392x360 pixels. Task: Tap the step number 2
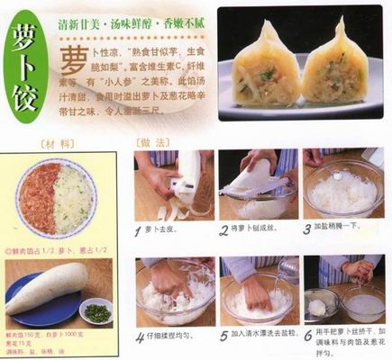223,230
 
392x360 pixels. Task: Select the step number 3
307,230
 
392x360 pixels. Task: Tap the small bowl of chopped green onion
96,312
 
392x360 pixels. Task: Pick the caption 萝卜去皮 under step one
168,231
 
